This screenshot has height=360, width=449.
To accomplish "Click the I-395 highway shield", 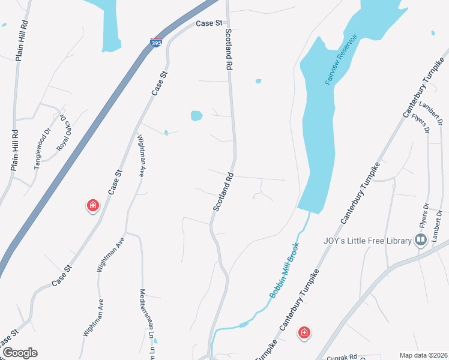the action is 155,44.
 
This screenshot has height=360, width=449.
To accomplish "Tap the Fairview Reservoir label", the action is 341,59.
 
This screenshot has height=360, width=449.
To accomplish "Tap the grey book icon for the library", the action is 421,241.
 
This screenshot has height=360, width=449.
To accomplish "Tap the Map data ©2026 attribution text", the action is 423,355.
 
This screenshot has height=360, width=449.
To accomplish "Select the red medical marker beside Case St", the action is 92,206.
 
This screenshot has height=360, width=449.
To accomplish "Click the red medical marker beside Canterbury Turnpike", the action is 304,332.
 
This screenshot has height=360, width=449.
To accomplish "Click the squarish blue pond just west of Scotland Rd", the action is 196,116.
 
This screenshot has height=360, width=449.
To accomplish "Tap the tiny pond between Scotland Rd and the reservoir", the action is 258,81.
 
